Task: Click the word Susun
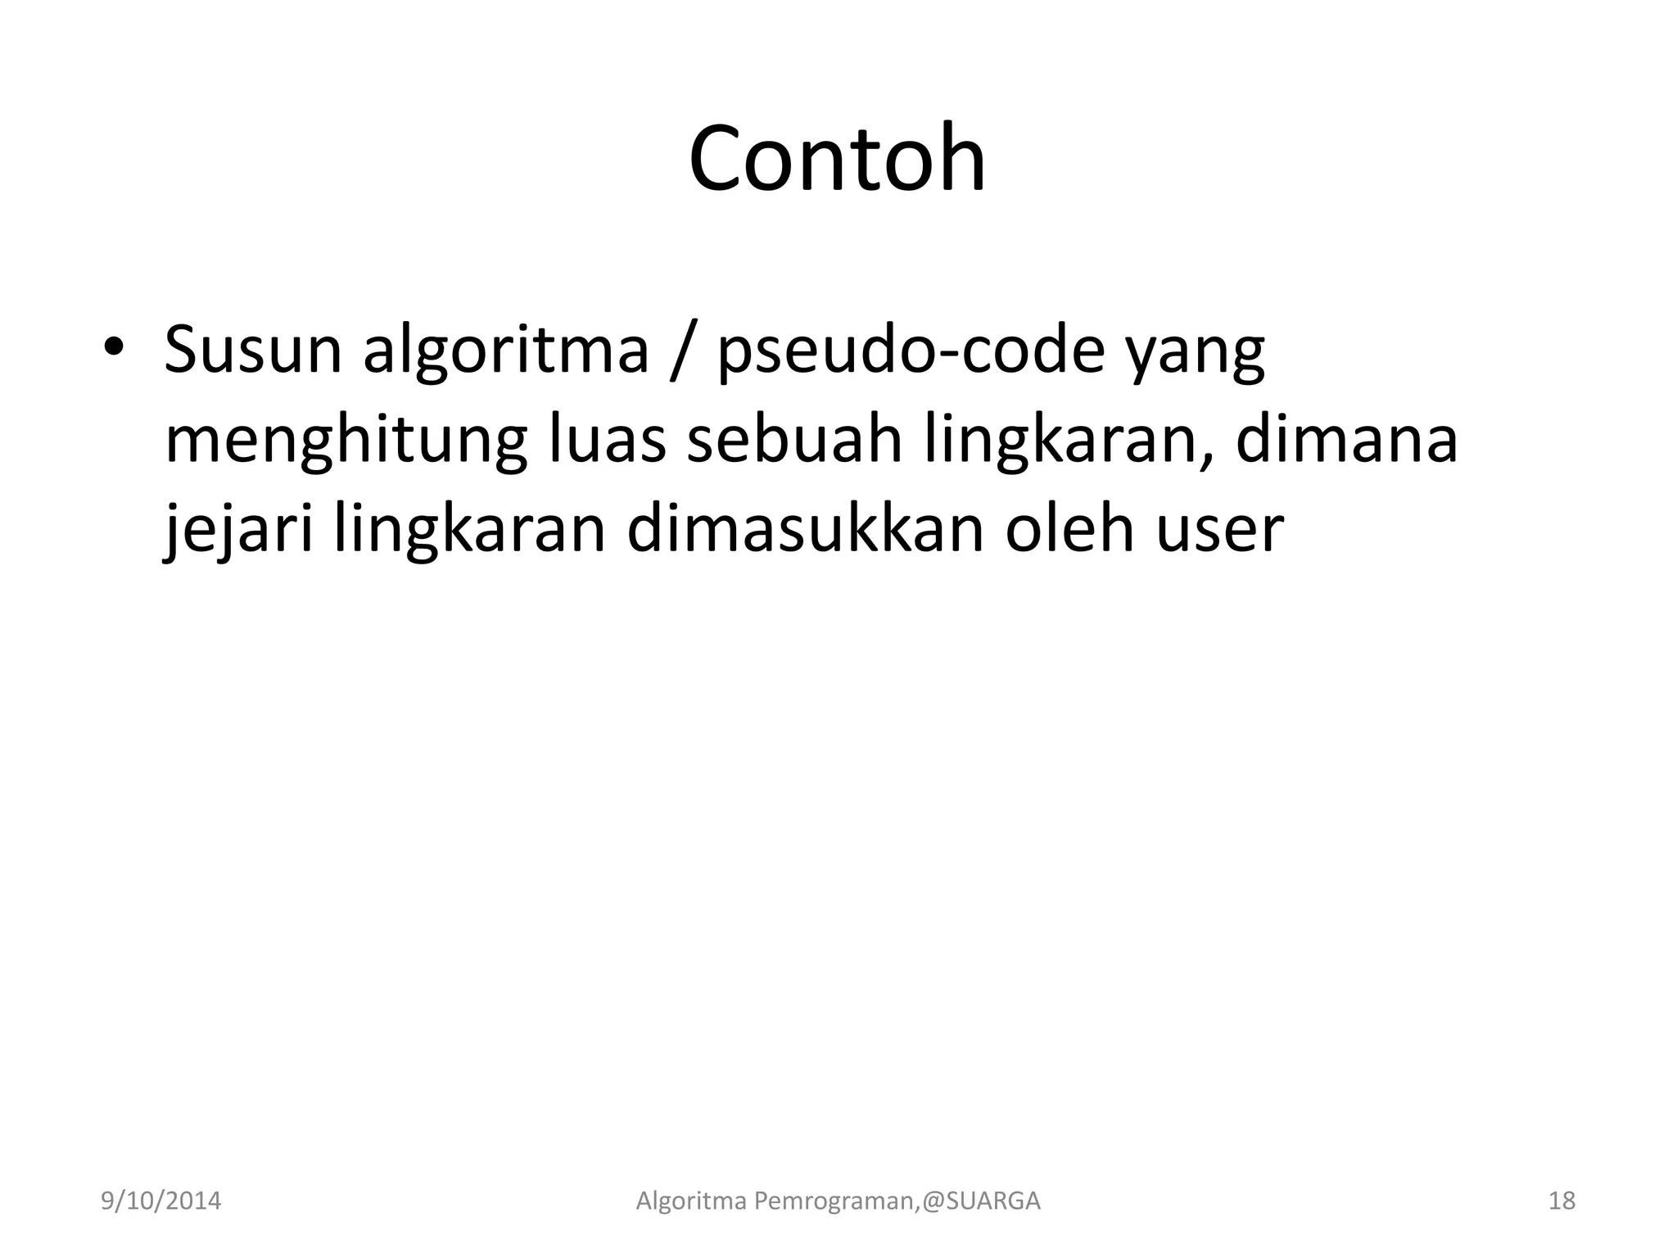click(253, 351)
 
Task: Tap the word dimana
click(1346, 441)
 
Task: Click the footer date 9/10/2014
click(160, 1201)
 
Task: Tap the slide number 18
click(1562, 1201)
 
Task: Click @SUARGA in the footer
click(981, 1201)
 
